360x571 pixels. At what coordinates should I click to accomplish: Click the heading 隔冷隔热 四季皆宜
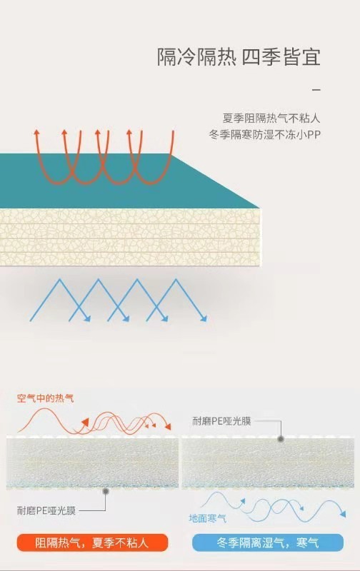click(x=239, y=57)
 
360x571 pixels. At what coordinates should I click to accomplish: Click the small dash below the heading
click(x=316, y=89)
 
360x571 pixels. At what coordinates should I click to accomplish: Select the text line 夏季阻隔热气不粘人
click(x=271, y=118)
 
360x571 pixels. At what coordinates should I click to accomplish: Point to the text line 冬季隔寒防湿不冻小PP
click(x=265, y=135)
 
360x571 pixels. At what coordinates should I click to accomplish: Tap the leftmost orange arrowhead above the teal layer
click(x=36, y=131)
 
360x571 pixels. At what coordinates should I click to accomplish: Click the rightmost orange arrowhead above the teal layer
click(x=129, y=132)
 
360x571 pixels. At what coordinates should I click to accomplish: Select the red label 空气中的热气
click(x=45, y=398)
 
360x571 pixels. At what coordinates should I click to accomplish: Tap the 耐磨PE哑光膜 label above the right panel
click(x=221, y=421)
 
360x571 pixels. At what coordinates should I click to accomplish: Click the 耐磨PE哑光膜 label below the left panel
click(x=46, y=510)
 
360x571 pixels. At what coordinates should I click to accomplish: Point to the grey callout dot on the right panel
click(x=281, y=439)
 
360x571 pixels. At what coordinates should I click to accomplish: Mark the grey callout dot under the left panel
click(x=106, y=491)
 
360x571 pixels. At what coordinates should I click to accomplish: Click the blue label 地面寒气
click(x=207, y=518)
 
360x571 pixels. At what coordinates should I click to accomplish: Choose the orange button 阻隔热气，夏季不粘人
click(x=92, y=542)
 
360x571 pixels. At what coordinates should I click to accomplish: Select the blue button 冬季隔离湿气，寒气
click(x=268, y=542)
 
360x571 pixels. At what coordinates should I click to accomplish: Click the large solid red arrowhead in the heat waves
click(x=85, y=423)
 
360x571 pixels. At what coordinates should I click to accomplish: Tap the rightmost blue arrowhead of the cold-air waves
click(x=343, y=514)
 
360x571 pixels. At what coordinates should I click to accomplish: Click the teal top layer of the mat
click(x=109, y=181)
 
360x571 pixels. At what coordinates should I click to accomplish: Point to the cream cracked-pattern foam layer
click(x=130, y=237)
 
